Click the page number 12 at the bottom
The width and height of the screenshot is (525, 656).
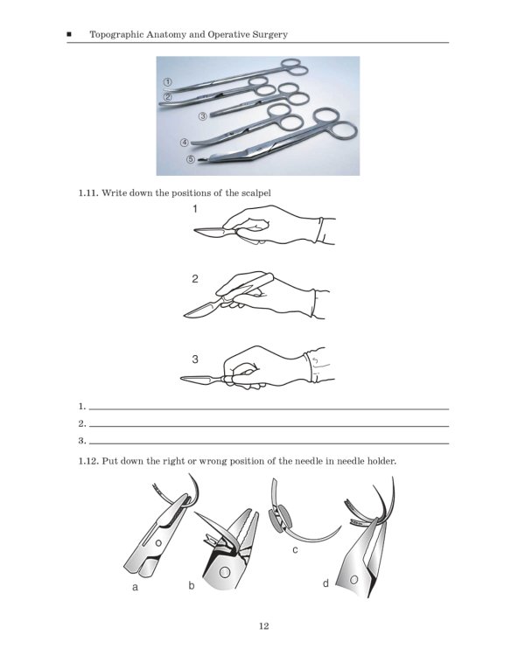[x=262, y=625]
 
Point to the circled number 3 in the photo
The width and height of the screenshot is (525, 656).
[x=202, y=115]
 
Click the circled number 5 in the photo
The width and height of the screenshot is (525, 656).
[x=191, y=159]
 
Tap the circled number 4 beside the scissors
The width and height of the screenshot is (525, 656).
[x=185, y=142]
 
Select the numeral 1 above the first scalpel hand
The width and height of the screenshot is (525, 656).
[x=195, y=209]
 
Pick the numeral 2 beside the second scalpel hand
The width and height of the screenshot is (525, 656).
[x=195, y=280]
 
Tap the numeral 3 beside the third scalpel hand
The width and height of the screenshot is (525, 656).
[x=195, y=359]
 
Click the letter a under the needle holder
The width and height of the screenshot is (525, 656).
[x=135, y=588]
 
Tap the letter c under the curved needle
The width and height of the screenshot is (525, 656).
[x=296, y=549]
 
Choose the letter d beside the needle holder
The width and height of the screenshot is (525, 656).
[x=325, y=583]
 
